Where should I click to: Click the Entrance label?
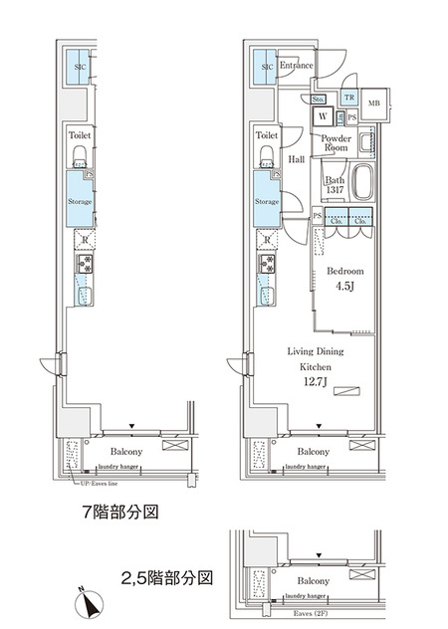[x=297, y=67]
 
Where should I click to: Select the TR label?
[x=348, y=98]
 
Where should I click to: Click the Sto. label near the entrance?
[x=320, y=99]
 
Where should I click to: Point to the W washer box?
[x=325, y=116]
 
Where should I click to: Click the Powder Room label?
[x=336, y=141]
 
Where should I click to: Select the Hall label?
[x=297, y=158]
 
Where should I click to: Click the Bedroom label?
[x=345, y=272]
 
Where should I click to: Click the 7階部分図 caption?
[x=118, y=515]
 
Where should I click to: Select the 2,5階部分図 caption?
[x=167, y=577]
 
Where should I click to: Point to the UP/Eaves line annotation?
[x=103, y=484]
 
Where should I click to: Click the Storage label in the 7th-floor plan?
[x=80, y=202]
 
